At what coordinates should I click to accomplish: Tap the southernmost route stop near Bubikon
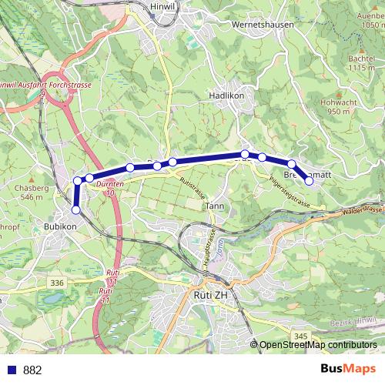point(76,209)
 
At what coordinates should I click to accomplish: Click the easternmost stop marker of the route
point(310,181)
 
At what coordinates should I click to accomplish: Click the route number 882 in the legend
point(32,370)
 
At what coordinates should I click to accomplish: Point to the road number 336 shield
point(57,283)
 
